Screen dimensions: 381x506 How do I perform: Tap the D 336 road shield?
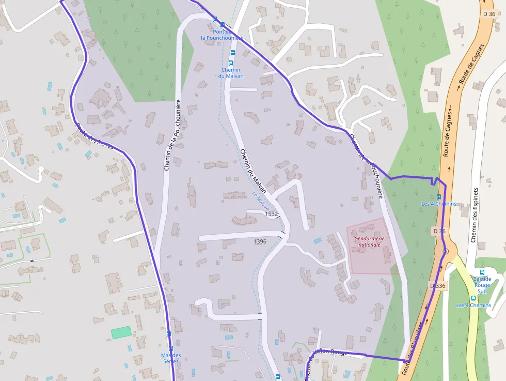[x=437, y=285]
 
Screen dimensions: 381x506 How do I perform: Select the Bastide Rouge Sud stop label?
[x=482, y=285]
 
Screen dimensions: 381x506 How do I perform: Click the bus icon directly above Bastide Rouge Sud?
[x=482, y=272]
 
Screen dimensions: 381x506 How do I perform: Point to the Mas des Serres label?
[x=171, y=358]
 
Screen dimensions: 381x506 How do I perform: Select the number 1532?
[x=272, y=214]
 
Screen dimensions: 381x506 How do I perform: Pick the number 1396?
[x=260, y=241]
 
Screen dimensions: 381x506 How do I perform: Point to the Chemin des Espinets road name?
[x=475, y=215]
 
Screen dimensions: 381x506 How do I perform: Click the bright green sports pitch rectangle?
[x=122, y=332]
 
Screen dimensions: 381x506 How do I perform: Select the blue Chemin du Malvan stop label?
[x=230, y=73]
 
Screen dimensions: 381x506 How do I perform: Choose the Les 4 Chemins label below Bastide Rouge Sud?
[x=473, y=305]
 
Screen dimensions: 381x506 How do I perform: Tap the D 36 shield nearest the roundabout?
[x=438, y=231]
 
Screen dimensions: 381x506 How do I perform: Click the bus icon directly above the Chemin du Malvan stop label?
[x=231, y=63]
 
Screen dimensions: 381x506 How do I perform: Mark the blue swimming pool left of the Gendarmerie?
[x=318, y=240]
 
